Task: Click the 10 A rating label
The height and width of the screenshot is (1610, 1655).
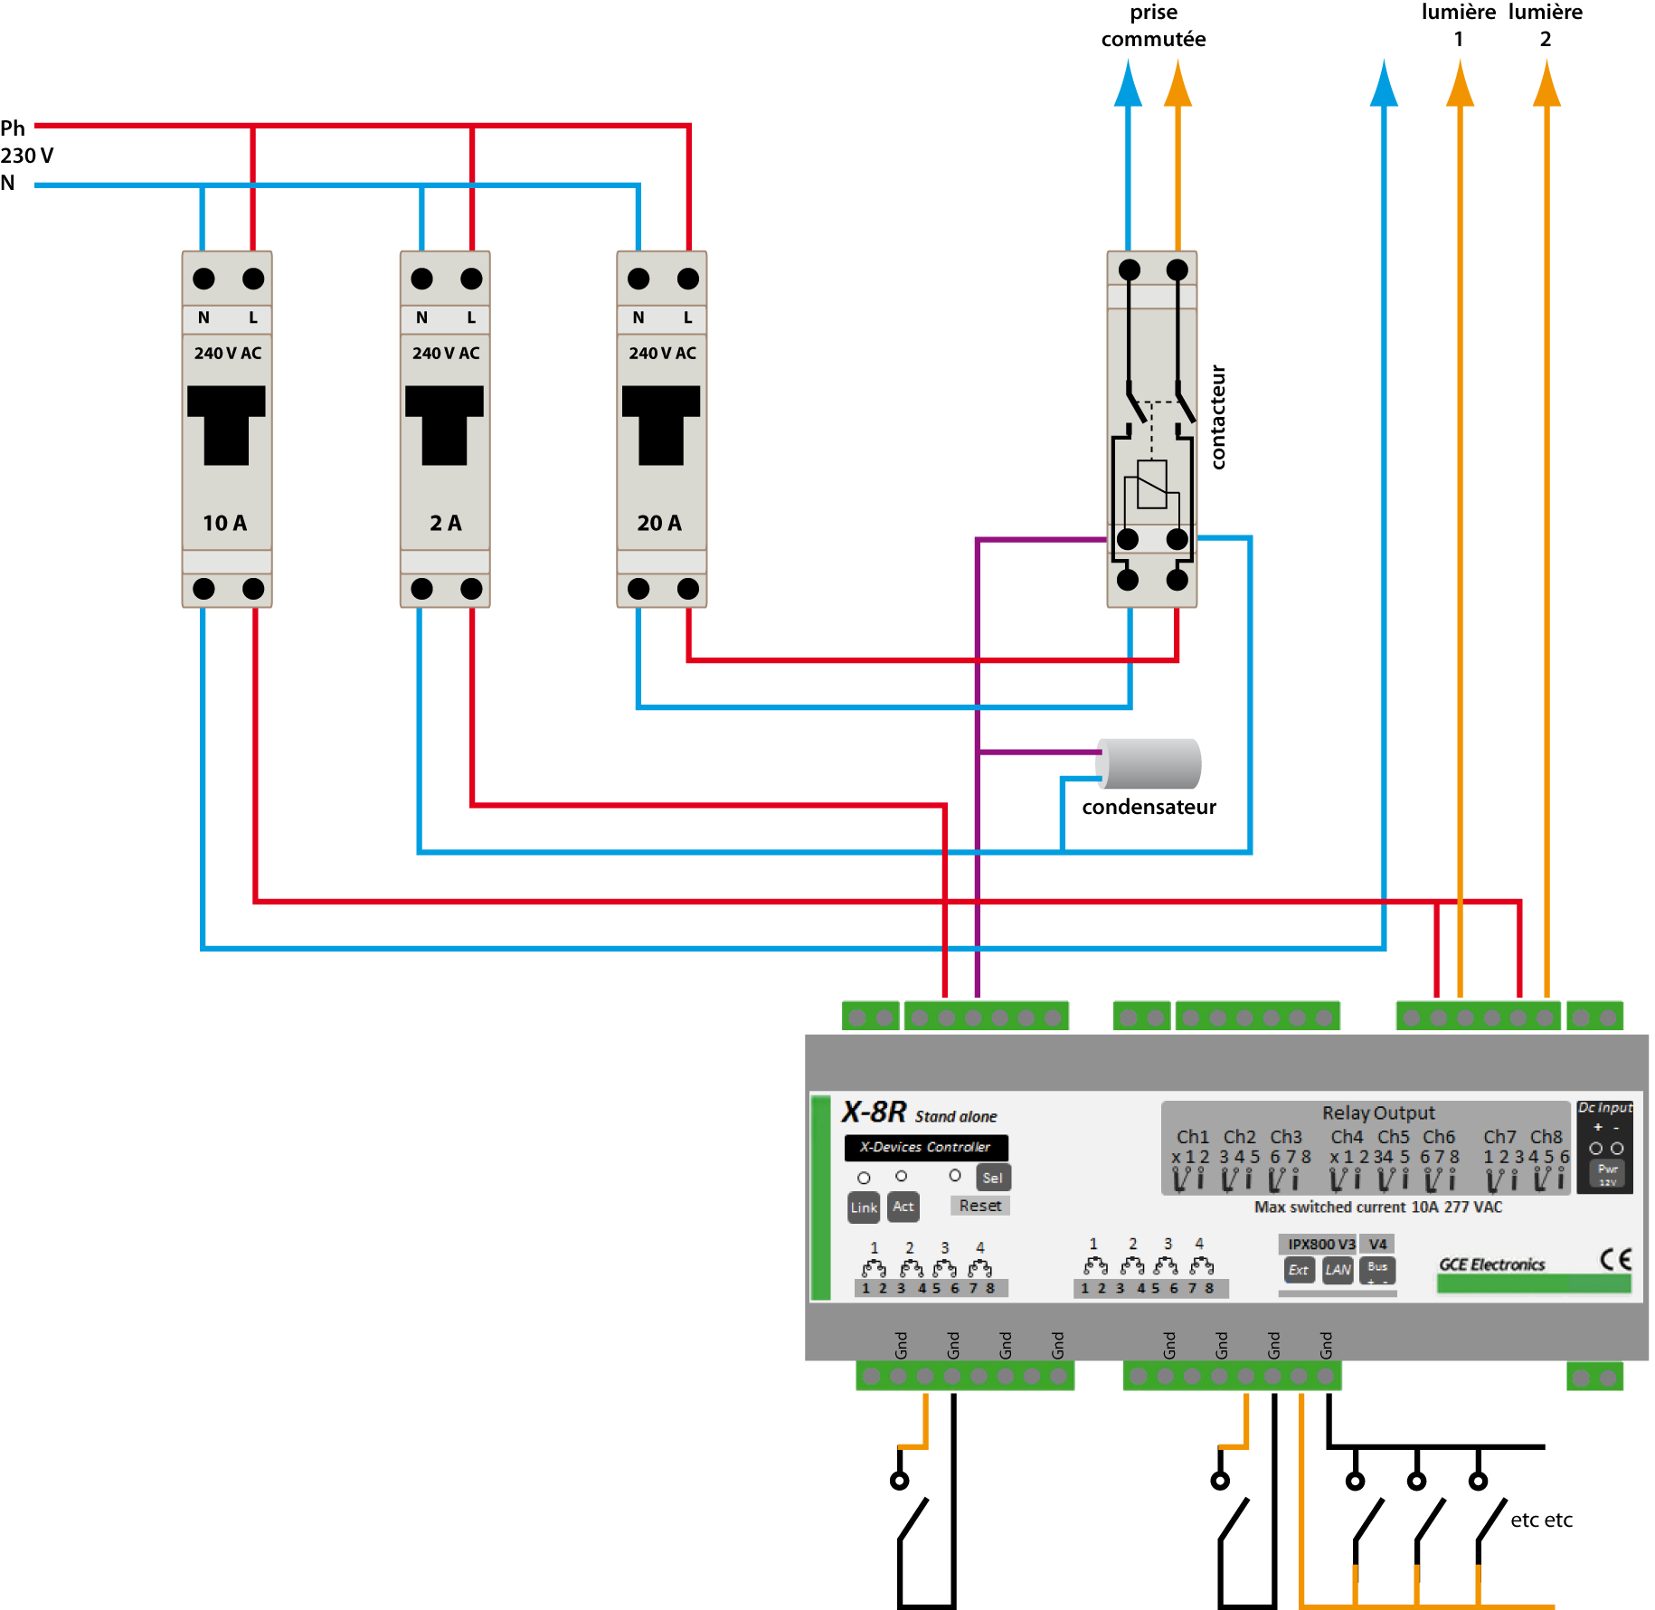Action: [x=225, y=523]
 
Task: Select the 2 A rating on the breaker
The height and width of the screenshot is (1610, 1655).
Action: [x=445, y=523]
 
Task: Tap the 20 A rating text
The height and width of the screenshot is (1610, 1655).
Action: [x=659, y=523]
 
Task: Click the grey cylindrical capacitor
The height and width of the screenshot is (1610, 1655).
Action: [x=1149, y=763]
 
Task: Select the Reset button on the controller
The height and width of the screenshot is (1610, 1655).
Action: [x=980, y=1206]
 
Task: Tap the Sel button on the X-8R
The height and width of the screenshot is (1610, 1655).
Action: [x=992, y=1178]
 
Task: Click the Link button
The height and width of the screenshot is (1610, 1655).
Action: [x=864, y=1207]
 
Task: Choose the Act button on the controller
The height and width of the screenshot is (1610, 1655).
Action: [x=903, y=1207]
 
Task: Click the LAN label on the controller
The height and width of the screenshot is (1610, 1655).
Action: [x=1338, y=1270]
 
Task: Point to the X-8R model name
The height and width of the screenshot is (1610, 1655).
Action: [x=874, y=1113]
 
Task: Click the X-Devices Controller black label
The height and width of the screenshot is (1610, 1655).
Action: [x=925, y=1147]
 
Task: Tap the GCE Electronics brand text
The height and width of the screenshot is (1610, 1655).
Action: [x=1492, y=1264]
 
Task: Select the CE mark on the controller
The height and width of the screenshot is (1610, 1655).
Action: [x=1615, y=1259]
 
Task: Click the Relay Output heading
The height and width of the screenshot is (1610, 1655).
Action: [x=1378, y=1113]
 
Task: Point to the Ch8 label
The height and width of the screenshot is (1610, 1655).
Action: [x=1546, y=1137]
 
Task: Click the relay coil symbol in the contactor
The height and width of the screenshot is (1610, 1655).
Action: [x=1151, y=486]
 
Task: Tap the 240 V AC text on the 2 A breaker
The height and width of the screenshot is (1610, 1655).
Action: [x=446, y=354]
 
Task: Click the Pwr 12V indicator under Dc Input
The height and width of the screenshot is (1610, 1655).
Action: [x=1607, y=1174]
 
